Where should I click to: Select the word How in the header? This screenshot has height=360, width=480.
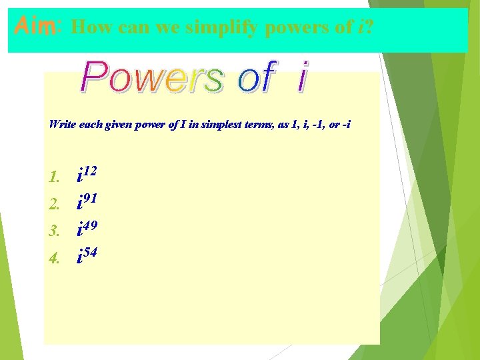point(87,28)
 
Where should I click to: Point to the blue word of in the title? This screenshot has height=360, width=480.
point(256,78)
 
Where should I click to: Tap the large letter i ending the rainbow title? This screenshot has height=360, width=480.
point(302,78)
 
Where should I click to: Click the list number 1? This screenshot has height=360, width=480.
point(55,178)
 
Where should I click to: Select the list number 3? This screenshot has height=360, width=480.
point(55,231)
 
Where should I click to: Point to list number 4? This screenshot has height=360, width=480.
point(55,257)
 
